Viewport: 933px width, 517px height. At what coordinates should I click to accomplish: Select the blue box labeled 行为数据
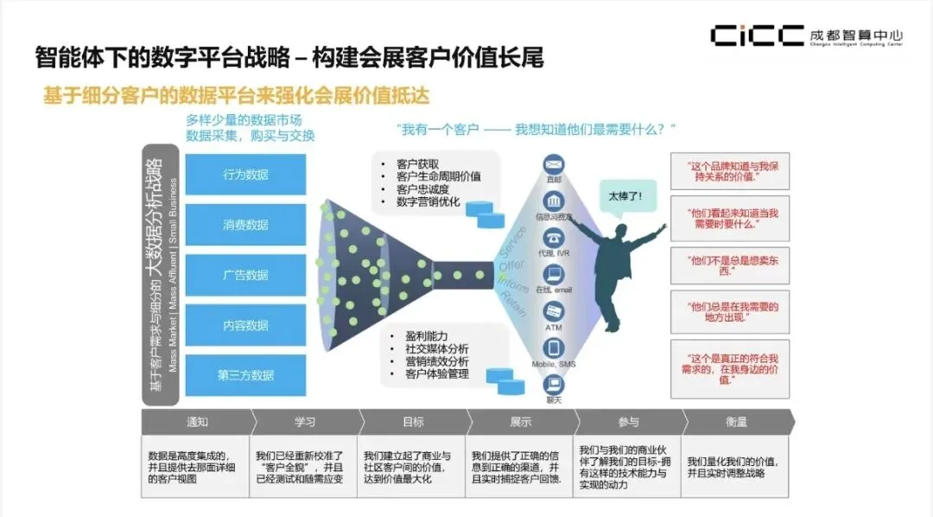pyautogui.click(x=246, y=175)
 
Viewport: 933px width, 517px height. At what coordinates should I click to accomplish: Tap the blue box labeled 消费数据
pyautogui.click(x=246, y=225)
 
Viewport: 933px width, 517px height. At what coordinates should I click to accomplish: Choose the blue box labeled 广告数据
pyautogui.click(x=246, y=275)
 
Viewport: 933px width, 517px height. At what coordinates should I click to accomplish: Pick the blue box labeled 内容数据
pyautogui.click(x=246, y=326)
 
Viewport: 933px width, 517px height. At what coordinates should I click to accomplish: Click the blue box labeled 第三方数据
pyautogui.click(x=246, y=375)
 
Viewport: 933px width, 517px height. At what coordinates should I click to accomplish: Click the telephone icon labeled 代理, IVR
pyautogui.click(x=554, y=237)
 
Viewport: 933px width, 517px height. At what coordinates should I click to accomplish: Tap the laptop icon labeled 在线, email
pyautogui.click(x=554, y=274)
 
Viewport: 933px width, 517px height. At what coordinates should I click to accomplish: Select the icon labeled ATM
pyautogui.click(x=554, y=311)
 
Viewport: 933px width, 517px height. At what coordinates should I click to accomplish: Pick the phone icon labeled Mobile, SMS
pyautogui.click(x=554, y=348)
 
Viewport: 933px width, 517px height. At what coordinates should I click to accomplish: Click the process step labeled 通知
pyautogui.click(x=198, y=422)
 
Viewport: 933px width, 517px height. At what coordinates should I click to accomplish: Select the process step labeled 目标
pyautogui.click(x=413, y=422)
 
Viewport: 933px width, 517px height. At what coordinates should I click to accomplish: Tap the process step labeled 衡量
pyautogui.click(x=736, y=422)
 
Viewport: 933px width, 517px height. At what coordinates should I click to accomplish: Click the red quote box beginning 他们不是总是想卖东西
pyautogui.click(x=717, y=265)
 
